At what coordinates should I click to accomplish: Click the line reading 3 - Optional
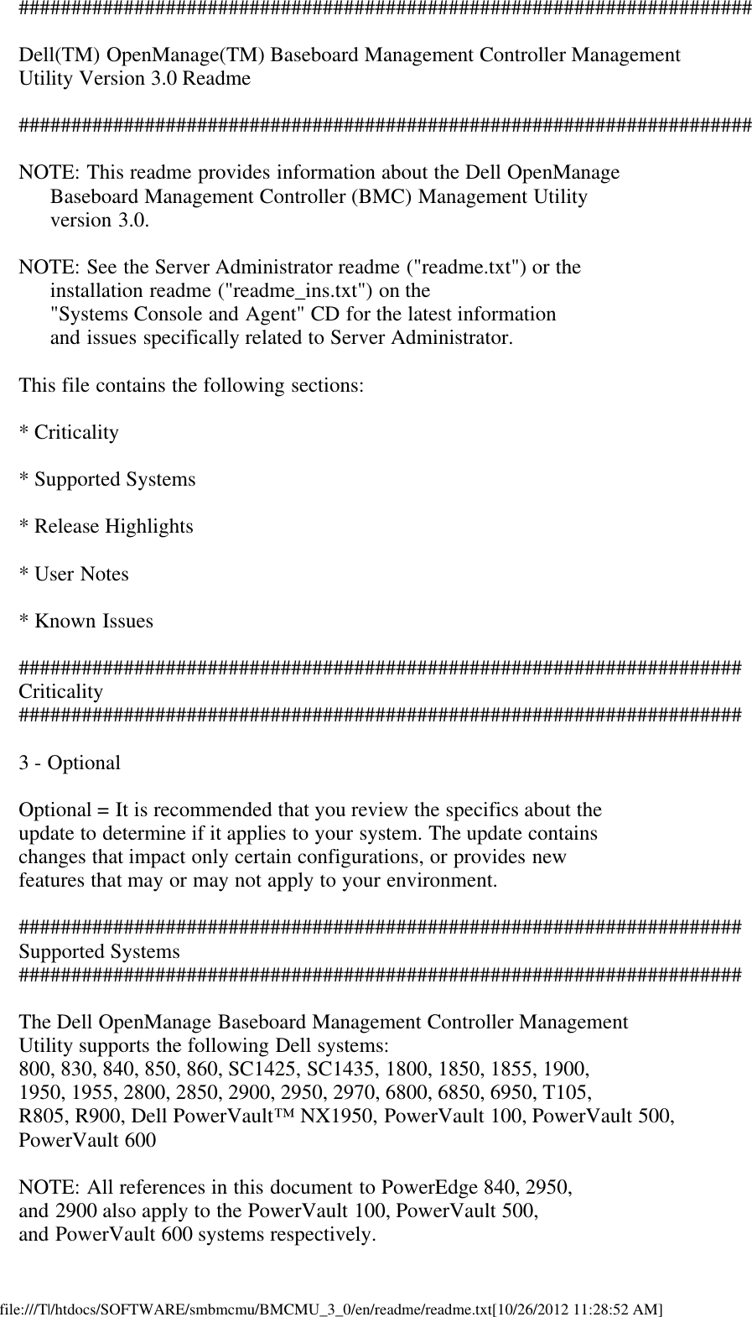(70, 763)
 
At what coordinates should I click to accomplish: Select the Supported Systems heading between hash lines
(99, 952)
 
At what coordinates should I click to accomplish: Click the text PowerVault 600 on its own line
(87, 1140)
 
